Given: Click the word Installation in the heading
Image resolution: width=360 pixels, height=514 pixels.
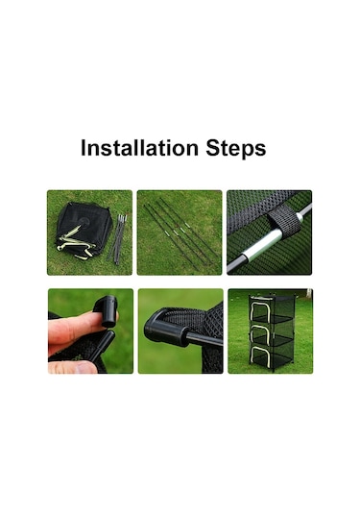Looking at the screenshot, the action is coord(139,148).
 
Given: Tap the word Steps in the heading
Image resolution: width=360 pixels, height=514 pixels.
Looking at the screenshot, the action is coord(236,149).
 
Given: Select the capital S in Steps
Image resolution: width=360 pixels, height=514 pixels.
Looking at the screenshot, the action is coord(212,148).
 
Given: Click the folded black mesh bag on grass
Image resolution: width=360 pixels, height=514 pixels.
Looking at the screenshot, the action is coord(84,231).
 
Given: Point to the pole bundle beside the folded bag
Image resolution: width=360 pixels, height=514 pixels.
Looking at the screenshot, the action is coord(117,239).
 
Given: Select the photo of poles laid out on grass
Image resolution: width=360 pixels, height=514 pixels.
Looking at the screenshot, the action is coord(180,233).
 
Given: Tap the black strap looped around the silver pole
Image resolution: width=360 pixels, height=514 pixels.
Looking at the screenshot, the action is coord(284,222).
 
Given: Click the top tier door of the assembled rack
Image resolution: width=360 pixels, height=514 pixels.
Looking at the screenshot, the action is coord(261,309).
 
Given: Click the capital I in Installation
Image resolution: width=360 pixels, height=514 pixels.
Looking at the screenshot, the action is coord(83,148).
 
